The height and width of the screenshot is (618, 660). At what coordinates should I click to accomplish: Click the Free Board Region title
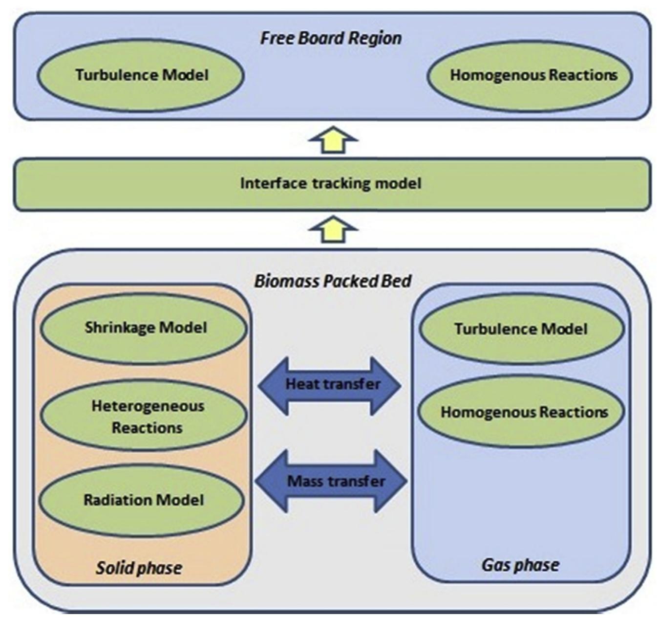point(331,38)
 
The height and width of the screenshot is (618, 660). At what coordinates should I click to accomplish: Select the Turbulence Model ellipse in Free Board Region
point(141,75)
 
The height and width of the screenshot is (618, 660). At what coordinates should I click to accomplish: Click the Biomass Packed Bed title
point(333,281)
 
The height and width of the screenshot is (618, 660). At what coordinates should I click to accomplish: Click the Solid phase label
point(139,568)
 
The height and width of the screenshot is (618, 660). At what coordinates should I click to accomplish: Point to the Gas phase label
point(520,565)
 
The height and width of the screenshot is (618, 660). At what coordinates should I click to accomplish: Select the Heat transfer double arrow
point(330,385)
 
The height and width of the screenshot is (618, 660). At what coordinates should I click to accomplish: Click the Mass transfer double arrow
point(331,481)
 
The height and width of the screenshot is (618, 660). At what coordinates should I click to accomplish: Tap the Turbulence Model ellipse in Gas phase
point(521,329)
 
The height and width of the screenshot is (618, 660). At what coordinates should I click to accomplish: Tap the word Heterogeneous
point(148,406)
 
